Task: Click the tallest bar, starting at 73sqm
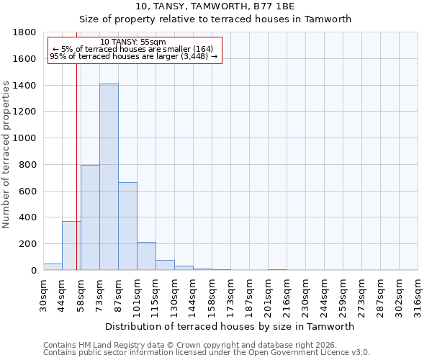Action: tap(109, 177)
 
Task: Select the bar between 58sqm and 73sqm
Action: tap(90, 217)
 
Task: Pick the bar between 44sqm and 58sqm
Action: tap(71, 246)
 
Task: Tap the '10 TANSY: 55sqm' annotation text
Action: tap(134, 42)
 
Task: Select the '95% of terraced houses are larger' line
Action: tap(134, 57)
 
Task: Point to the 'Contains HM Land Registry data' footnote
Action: tap(190, 345)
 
